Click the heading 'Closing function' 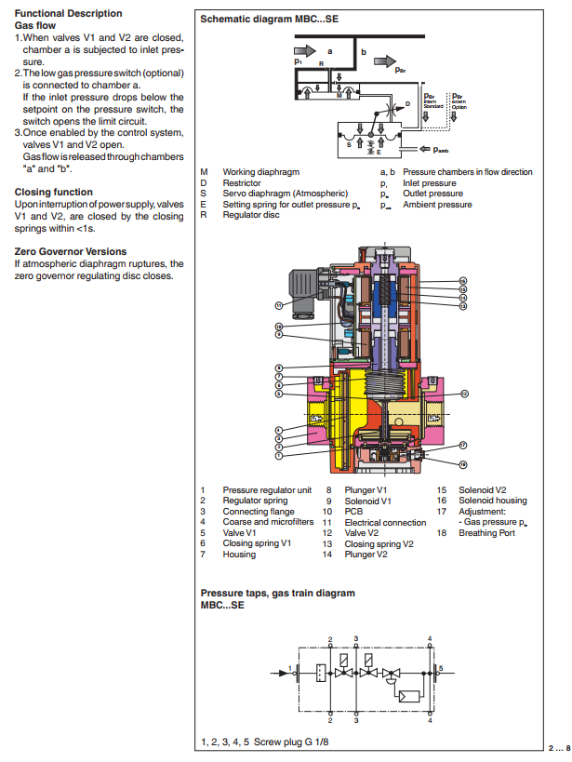coord(53,193)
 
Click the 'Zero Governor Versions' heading coord(70,252)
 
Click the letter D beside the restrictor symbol coord(406,102)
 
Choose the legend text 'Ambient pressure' coord(437,205)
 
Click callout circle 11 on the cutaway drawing coord(277,304)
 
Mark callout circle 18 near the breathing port coord(462,462)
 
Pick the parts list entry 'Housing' coord(239,555)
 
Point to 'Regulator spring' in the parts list coord(255,501)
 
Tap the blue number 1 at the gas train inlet coord(291,668)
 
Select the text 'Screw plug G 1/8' coord(291,742)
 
